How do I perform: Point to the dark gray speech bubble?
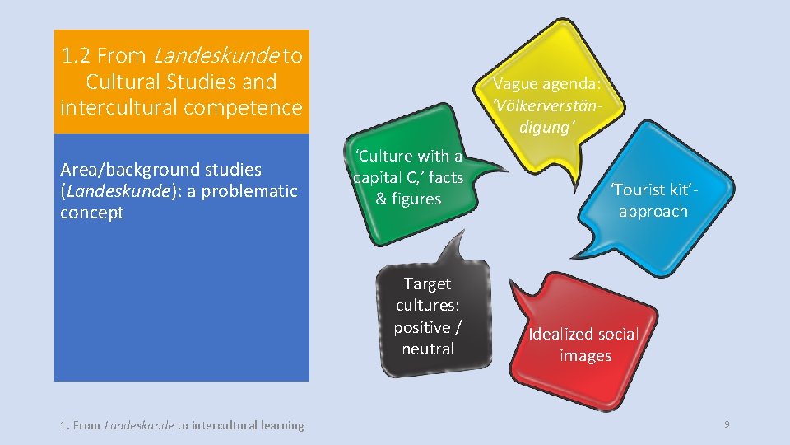pyautogui.click(x=432, y=317)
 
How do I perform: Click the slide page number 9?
pyautogui.click(x=727, y=424)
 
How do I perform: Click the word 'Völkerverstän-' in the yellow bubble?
pyautogui.click(x=548, y=105)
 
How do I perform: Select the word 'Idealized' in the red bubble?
pyautogui.click(x=560, y=334)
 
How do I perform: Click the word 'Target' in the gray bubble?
pyautogui.click(x=427, y=284)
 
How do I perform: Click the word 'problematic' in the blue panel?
pyautogui.click(x=254, y=191)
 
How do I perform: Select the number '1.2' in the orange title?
pyautogui.click(x=77, y=56)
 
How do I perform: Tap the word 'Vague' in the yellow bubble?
pyautogui.click(x=516, y=83)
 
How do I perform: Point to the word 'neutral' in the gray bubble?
pyautogui.click(x=428, y=349)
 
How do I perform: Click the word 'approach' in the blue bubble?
pyautogui.click(x=653, y=211)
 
